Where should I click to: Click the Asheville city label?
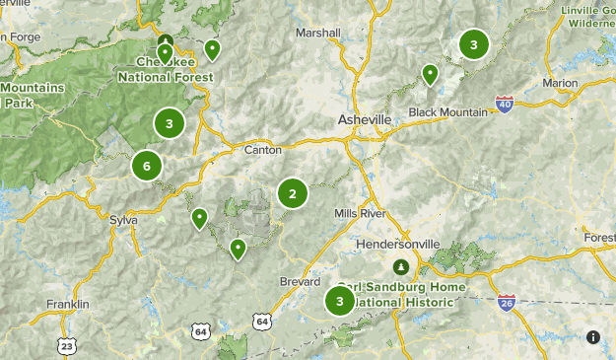click(x=364, y=119)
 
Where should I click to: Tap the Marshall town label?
click(x=317, y=33)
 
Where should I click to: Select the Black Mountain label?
click(x=448, y=111)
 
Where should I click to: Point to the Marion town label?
click(x=560, y=83)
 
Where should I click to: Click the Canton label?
click(x=262, y=150)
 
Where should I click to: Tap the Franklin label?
click(x=68, y=304)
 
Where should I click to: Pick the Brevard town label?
click(x=300, y=281)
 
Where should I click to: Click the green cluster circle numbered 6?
click(x=147, y=165)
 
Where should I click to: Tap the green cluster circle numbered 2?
click(x=293, y=194)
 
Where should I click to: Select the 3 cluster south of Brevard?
click(x=340, y=301)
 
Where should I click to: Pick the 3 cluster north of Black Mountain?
click(x=474, y=44)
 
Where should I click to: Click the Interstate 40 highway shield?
click(x=504, y=104)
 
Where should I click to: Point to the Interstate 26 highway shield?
click(x=506, y=302)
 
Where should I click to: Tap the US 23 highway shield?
click(x=66, y=345)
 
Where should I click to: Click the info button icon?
click(x=593, y=337)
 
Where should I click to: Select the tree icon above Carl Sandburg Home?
click(x=401, y=266)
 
